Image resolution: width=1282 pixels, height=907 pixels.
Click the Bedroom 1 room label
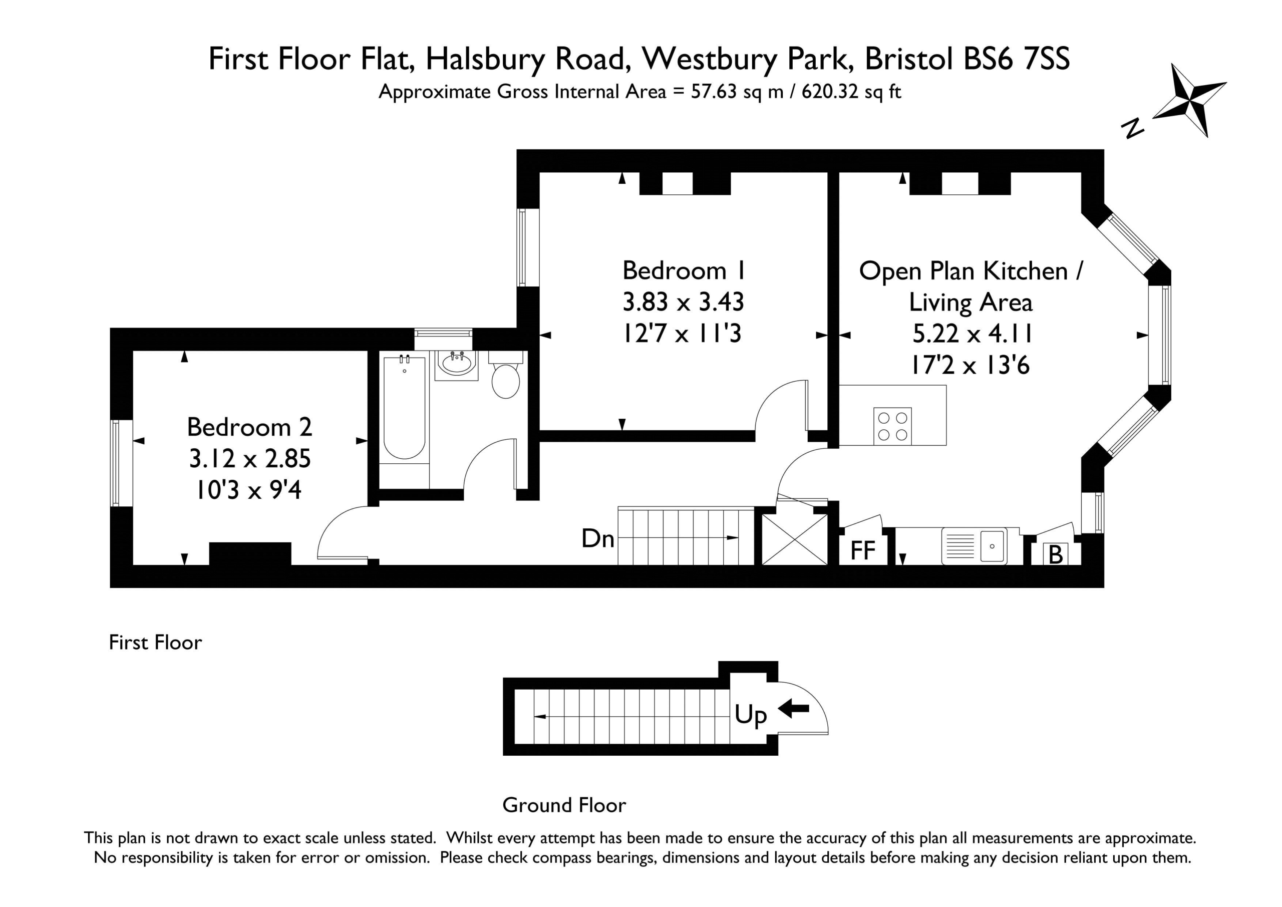pyautogui.click(x=684, y=271)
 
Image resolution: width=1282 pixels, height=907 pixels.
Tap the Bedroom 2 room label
pyautogui.click(x=249, y=427)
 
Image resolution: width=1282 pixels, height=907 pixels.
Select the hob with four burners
pyautogui.click(x=892, y=426)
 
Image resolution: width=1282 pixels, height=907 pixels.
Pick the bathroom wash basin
pyautogui.click(x=457, y=365)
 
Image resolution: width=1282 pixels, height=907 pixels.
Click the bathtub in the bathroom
pyautogui.click(x=404, y=408)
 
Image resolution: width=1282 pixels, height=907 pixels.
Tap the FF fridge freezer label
pyautogui.click(x=863, y=551)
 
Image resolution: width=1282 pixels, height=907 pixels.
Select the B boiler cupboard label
pyautogui.click(x=1055, y=554)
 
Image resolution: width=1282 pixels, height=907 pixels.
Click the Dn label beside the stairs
pyautogui.click(x=598, y=539)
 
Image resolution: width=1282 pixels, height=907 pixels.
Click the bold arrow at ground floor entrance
pyautogui.click(x=793, y=709)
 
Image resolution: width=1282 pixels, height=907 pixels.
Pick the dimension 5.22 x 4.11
pyautogui.click(x=972, y=334)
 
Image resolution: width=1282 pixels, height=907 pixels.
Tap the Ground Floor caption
pyautogui.click(x=564, y=805)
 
